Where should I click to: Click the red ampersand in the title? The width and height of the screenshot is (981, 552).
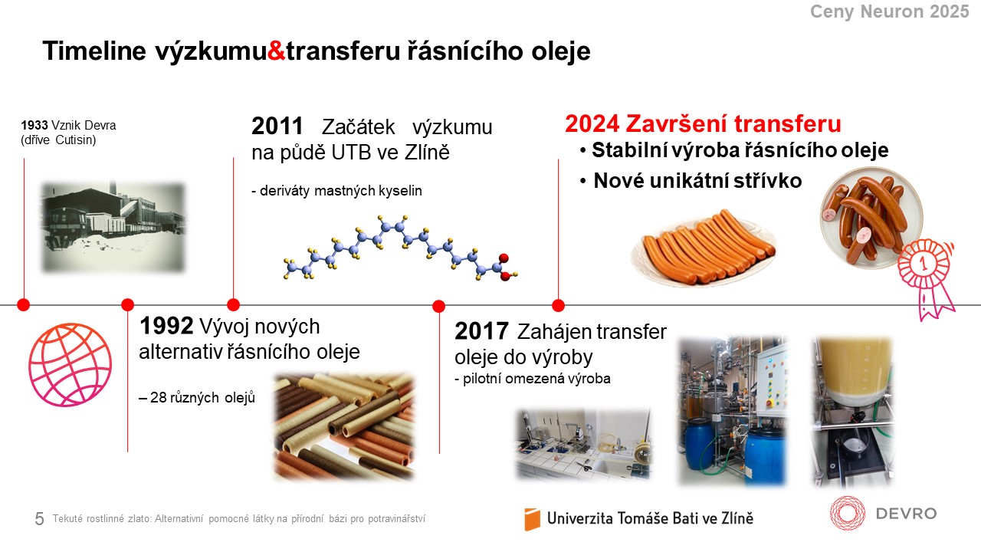click(x=276, y=51)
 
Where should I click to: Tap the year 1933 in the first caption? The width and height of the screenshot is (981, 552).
click(x=34, y=125)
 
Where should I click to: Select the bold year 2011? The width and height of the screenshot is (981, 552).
click(x=277, y=127)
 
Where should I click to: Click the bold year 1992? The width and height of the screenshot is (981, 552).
click(x=166, y=326)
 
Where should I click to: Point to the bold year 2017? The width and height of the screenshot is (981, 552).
click(x=482, y=331)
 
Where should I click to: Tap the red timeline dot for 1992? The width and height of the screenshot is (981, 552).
click(x=127, y=304)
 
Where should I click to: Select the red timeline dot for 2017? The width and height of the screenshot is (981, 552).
click(x=439, y=306)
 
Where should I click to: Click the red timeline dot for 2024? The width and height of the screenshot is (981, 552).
click(x=559, y=305)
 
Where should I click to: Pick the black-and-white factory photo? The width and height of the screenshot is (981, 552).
click(x=113, y=227)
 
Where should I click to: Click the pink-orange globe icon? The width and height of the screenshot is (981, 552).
click(x=70, y=364)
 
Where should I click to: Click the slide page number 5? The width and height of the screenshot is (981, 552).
click(x=39, y=519)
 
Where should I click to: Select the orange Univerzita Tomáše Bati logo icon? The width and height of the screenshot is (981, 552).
click(x=532, y=519)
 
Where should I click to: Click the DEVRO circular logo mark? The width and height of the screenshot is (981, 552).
click(x=848, y=513)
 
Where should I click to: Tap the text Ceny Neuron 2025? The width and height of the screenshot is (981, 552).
click(x=890, y=11)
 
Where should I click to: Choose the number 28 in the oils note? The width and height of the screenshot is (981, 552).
click(x=158, y=397)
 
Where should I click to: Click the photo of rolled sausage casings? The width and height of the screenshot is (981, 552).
click(x=344, y=426)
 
